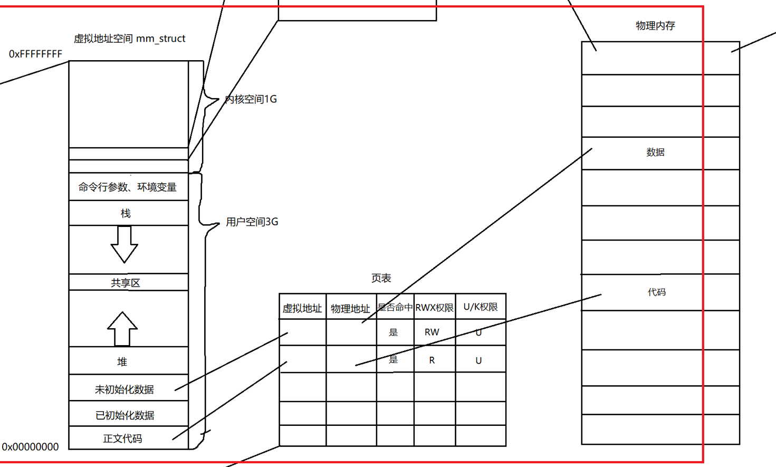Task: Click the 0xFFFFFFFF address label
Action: tap(35, 54)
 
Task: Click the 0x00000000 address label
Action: tap(31, 447)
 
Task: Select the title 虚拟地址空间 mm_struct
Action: tap(129, 39)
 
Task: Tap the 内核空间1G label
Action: tap(251, 99)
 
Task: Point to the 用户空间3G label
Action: tap(252, 222)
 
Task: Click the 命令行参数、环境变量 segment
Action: tap(128, 187)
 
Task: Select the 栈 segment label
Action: tap(126, 214)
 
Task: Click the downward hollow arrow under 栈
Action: tap(124, 244)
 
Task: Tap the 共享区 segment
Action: tap(126, 283)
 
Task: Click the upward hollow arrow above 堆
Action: tap(122, 328)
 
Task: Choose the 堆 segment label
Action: tap(122, 362)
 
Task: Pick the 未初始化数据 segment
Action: tap(124, 389)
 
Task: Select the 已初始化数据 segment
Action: tap(125, 415)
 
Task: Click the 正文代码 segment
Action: tap(122, 439)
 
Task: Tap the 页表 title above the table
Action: tap(381, 278)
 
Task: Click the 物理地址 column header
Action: tap(350, 309)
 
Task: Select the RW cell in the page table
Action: tap(432, 332)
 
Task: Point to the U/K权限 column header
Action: tap(480, 307)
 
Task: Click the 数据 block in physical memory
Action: tap(655, 153)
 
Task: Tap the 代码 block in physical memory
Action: tap(657, 292)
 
